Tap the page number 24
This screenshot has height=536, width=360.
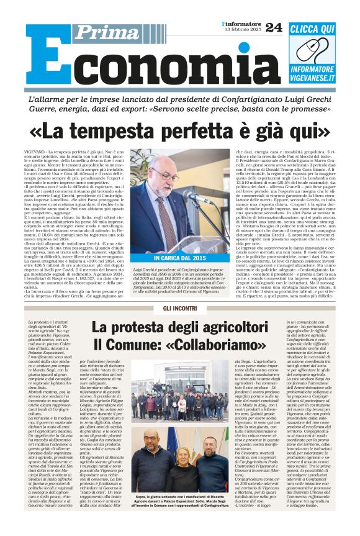point(273,27)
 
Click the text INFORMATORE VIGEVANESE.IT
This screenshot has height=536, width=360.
point(312,74)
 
